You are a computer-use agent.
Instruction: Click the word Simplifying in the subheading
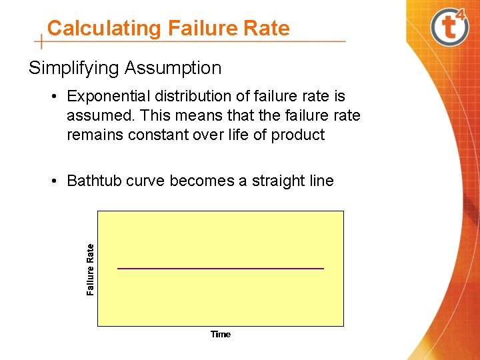click(x=74, y=68)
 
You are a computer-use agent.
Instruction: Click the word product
click(x=298, y=135)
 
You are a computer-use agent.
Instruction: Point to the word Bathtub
click(x=93, y=181)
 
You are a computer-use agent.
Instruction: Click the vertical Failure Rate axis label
click(x=91, y=269)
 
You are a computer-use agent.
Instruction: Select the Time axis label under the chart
click(x=221, y=334)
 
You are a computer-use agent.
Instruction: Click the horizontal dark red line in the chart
click(x=220, y=268)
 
